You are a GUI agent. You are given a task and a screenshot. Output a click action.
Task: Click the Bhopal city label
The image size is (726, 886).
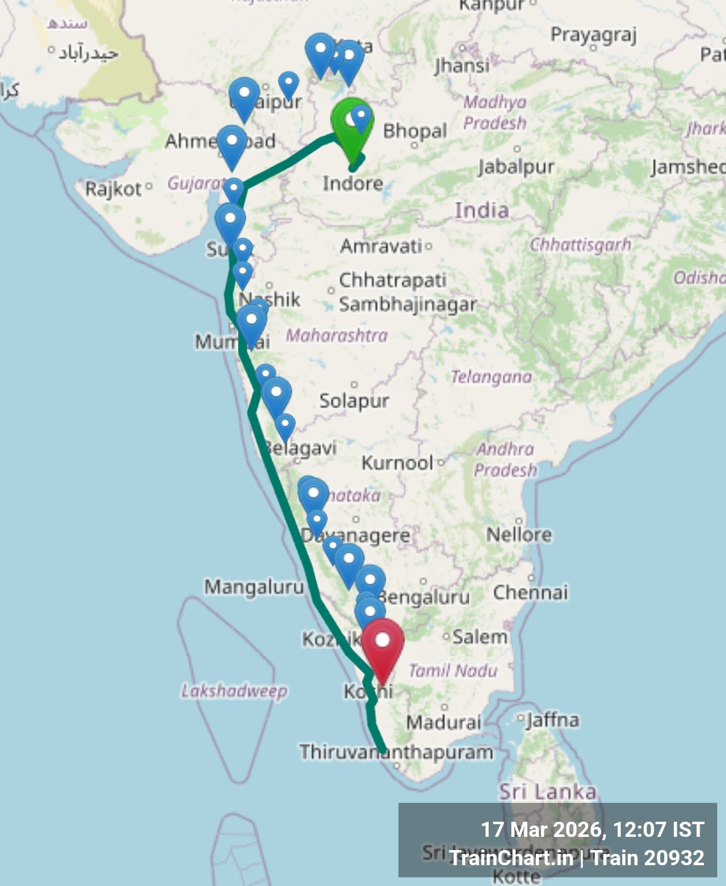414,131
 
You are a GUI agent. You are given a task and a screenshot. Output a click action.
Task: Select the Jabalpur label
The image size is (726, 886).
516,166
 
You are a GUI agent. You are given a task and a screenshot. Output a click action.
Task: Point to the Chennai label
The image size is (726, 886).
530,592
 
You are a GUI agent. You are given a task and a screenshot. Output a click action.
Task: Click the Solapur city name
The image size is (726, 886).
354,400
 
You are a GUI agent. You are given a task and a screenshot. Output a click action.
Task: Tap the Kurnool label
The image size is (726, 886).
397,463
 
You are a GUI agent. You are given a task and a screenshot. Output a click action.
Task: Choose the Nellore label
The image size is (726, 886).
519,535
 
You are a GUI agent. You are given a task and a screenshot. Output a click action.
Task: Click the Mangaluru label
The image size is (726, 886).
254,587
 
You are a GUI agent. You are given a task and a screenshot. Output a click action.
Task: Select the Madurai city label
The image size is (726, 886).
443,722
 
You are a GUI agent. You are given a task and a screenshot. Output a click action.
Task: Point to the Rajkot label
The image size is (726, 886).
113,188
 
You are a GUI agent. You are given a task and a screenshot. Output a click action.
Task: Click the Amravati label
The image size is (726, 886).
382,246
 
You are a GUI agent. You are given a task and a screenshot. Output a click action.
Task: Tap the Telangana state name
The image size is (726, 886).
491,377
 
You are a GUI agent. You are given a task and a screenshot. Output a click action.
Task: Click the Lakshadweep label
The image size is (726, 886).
234,691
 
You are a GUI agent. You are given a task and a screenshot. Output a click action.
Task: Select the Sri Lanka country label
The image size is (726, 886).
547,791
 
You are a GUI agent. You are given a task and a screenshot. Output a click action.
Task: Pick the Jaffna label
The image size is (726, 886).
553,719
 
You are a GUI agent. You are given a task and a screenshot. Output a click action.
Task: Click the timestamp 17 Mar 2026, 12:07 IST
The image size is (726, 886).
592,829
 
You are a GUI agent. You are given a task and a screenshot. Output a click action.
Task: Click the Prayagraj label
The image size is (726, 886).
593,35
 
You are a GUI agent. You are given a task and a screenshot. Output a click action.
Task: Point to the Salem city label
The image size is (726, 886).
480,637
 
